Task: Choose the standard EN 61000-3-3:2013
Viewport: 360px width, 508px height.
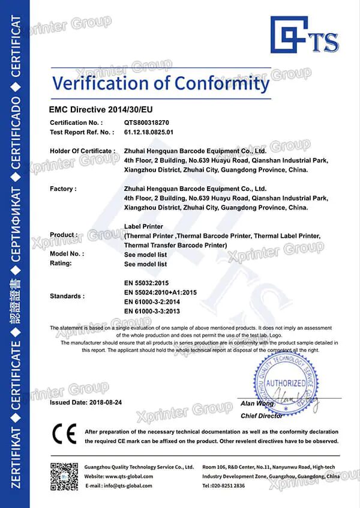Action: [x=152, y=310]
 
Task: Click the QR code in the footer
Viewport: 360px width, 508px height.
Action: [x=62, y=477]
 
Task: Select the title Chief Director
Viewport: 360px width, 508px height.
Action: [x=262, y=416]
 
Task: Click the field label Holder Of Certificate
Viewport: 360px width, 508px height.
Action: [x=82, y=151]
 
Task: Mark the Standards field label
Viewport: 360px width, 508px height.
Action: [x=67, y=296]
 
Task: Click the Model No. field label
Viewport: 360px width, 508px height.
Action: [x=67, y=254]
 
